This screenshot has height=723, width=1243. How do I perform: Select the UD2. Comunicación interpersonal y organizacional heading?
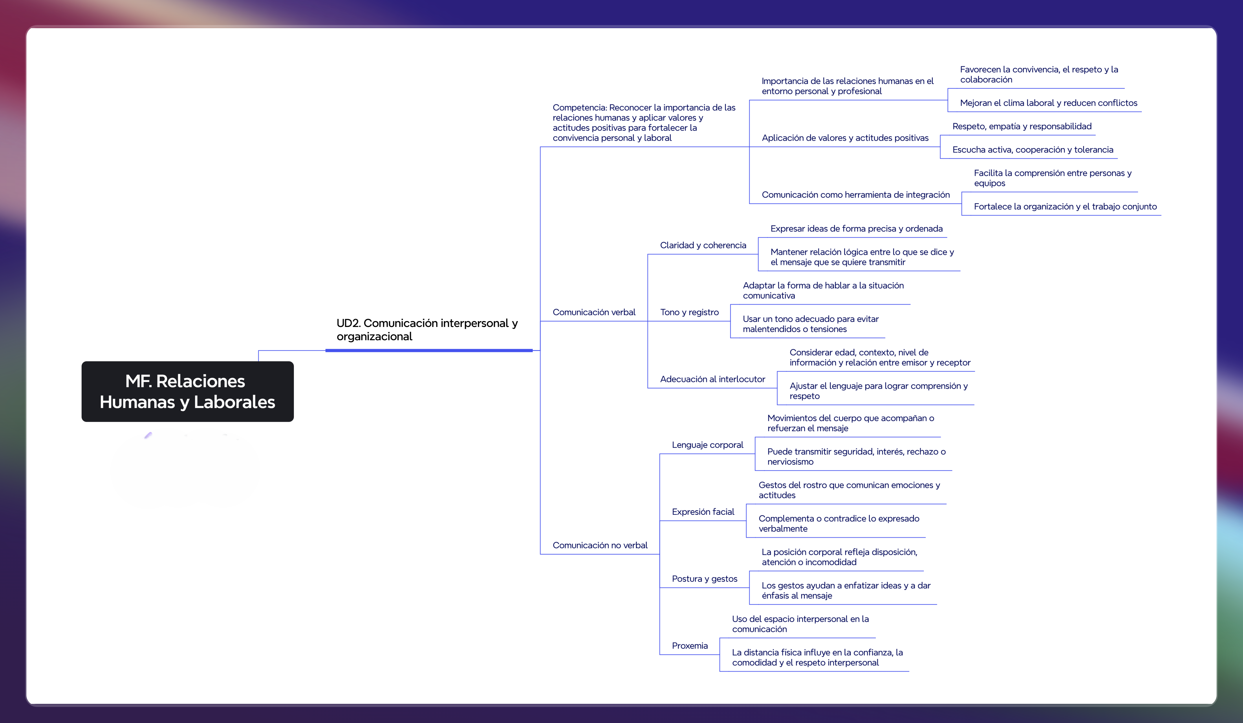click(x=427, y=329)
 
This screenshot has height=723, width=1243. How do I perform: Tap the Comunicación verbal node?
click(x=594, y=312)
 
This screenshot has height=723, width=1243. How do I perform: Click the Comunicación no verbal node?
click(x=600, y=545)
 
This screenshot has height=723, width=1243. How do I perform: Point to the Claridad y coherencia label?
click(x=703, y=245)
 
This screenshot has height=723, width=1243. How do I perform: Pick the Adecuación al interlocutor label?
click(x=712, y=379)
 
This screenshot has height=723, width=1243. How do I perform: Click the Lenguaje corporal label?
click(x=707, y=445)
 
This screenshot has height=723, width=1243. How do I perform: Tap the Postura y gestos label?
click(x=704, y=579)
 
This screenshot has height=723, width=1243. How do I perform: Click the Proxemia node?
click(x=690, y=646)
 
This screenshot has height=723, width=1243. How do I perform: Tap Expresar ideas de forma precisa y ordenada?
click(x=856, y=228)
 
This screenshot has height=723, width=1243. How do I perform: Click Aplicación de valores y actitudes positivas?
click(x=845, y=138)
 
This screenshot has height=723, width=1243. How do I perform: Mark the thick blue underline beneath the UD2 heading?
click(x=429, y=350)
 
